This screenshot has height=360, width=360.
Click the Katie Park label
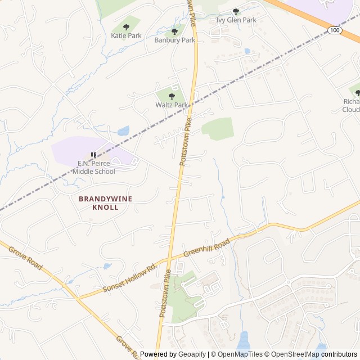tap(127, 35)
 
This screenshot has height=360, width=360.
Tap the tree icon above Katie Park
tap(126, 26)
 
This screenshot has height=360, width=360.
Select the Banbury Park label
tap(174, 40)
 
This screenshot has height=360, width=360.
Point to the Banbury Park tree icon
tap(174, 32)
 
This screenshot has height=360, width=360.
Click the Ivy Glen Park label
tap(236, 20)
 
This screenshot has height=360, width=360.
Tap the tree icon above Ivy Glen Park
tap(236, 11)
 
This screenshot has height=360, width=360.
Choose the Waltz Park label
tap(172, 105)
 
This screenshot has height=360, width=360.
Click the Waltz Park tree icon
tap(172, 96)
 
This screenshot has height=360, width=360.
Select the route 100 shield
tap(335, 29)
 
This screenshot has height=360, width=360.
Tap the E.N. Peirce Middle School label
tap(96, 168)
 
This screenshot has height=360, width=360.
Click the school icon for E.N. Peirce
tap(94, 155)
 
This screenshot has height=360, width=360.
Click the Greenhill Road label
tap(207, 249)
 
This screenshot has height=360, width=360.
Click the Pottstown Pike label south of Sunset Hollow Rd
tap(165, 293)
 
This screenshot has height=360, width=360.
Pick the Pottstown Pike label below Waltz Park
tap(186, 145)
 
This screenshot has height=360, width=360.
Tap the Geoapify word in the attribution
tap(192, 354)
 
